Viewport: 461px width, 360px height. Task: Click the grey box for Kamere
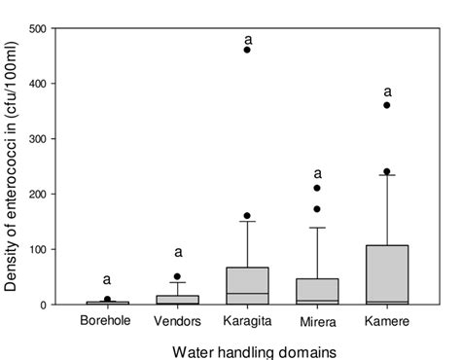(387, 274)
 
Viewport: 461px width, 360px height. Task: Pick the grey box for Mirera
(317, 291)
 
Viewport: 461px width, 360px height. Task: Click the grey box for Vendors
(177, 300)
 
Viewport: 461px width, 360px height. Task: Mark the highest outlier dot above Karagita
(247, 49)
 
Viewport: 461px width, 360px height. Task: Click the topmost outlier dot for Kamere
(387, 104)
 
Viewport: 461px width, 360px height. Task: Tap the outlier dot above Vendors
(177, 276)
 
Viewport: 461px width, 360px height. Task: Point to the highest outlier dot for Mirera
(317, 188)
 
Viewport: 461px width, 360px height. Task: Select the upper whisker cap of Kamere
(387, 175)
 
